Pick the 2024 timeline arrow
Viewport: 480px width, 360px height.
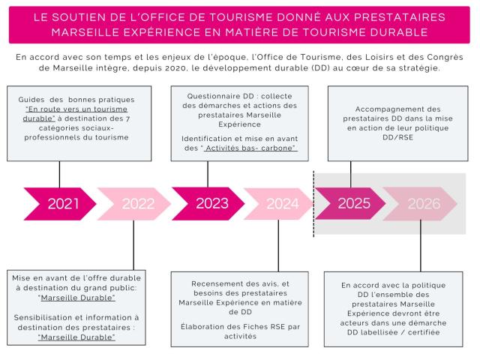pos(280,203)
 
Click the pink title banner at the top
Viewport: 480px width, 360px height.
pos(239,25)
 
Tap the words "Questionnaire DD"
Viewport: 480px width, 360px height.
pos(211,96)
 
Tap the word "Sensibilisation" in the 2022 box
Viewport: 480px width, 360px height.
pos(50,317)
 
